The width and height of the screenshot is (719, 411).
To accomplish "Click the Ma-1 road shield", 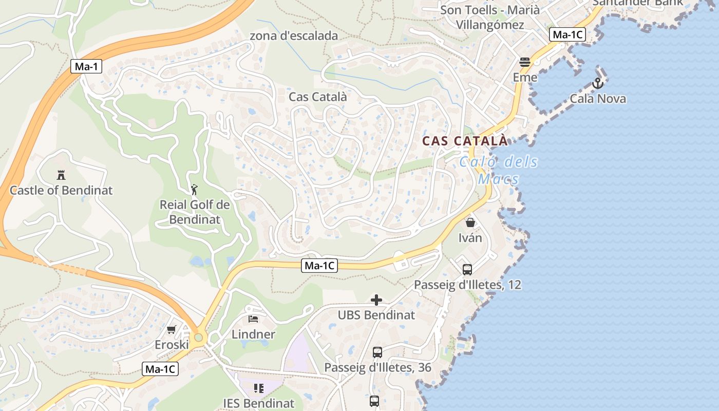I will pyautogui.click(x=86, y=66).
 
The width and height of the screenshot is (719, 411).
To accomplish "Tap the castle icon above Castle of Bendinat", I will pyautogui.click(x=61, y=175).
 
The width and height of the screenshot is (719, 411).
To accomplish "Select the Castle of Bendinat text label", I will pyautogui.click(x=61, y=191).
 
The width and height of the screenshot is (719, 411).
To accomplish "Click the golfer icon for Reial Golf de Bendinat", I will pyautogui.click(x=194, y=190).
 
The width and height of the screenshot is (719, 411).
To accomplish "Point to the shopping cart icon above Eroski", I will pyautogui.click(x=171, y=329).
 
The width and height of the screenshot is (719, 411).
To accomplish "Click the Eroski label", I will pyautogui.click(x=172, y=345).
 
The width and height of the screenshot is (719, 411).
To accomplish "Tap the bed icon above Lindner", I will pyautogui.click(x=253, y=319).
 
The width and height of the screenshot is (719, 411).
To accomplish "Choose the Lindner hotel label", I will pyautogui.click(x=253, y=334).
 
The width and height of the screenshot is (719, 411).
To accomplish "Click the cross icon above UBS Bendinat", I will pyautogui.click(x=376, y=300).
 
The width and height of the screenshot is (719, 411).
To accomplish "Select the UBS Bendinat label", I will pyautogui.click(x=376, y=315).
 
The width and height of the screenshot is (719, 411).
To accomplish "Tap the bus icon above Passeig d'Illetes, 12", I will pyautogui.click(x=467, y=269).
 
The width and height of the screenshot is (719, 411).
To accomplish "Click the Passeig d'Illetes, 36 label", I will pyautogui.click(x=377, y=368).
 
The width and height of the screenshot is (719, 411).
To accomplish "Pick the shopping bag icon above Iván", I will pyautogui.click(x=470, y=222).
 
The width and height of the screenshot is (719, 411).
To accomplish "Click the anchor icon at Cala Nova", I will pyautogui.click(x=597, y=83).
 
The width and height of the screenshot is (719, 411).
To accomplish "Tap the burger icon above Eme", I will pyautogui.click(x=525, y=62).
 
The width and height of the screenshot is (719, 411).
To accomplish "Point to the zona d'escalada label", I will pyautogui.click(x=294, y=36).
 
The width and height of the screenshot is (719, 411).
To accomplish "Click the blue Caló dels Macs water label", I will pyautogui.click(x=498, y=171).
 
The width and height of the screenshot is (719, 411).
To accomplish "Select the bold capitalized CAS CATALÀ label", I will pyautogui.click(x=465, y=141).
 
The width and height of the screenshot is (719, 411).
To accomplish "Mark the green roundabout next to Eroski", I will pyautogui.click(x=199, y=338).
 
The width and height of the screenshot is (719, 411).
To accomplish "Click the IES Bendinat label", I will pyautogui.click(x=258, y=403).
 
